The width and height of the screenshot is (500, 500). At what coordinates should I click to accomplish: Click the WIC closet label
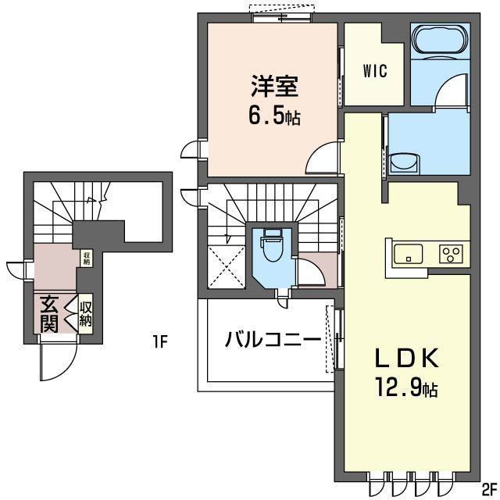click(375, 71)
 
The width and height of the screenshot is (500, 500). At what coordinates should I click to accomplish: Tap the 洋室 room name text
click(274, 86)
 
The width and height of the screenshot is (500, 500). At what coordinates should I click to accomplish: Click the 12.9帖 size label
click(407, 387)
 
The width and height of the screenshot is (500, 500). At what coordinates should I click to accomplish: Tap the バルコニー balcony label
click(273, 339)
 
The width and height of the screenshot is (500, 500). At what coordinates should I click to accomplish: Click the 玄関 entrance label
click(49, 314)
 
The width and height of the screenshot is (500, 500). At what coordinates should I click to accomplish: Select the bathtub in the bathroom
click(440, 41)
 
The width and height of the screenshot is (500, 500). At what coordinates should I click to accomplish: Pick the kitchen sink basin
click(409, 254)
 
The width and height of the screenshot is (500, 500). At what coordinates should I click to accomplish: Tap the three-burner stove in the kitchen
click(451, 254)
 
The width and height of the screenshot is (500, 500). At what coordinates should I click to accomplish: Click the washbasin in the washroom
click(404, 163)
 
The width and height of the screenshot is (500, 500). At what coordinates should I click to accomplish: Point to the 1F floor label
click(159, 342)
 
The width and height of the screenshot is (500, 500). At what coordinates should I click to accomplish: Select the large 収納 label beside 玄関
click(85, 314)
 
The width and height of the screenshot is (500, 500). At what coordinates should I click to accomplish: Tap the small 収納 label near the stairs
click(87, 259)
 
